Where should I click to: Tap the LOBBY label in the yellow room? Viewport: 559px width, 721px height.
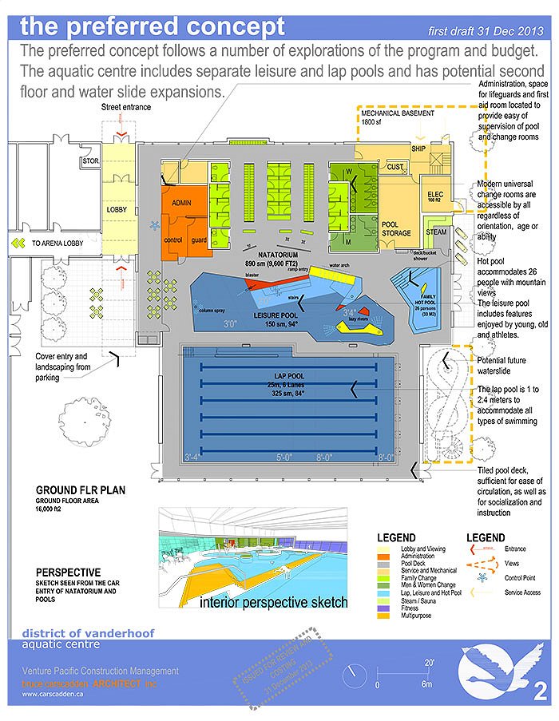pos(117,210)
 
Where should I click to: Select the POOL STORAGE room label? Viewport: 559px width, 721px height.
pos(391,228)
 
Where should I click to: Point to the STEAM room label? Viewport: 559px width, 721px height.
pos(436,232)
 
